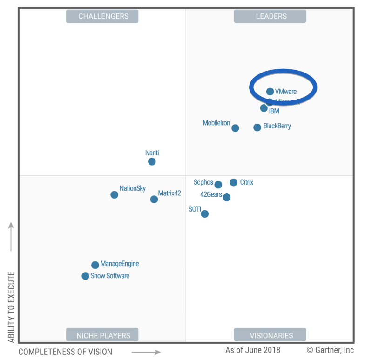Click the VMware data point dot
tap(270, 92)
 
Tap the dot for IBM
tap(264, 108)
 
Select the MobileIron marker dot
tap(235, 128)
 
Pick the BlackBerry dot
tap(257, 127)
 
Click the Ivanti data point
tap(152, 162)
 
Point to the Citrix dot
tap(233, 182)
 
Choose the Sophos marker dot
tap(218, 185)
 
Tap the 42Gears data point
tap(226, 197)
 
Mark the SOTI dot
tap(204, 214)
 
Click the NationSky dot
tap(114, 195)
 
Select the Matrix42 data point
tap(154, 200)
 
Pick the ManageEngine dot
tap(95, 265)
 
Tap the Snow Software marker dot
tap(85, 276)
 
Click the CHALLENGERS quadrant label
tap(103, 16)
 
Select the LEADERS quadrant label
tap(270, 16)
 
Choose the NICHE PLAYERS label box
tap(103, 335)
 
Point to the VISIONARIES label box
tap(270, 335)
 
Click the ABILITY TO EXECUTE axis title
tap(11, 307)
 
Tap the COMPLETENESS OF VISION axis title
tap(65, 352)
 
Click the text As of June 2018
tap(253, 350)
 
